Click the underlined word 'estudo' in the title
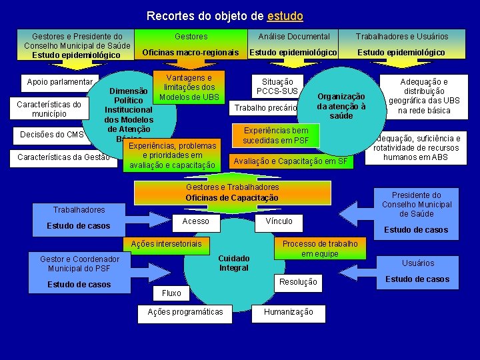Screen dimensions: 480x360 (x=285, y=15)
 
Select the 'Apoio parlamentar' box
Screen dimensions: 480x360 (x=59, y=83)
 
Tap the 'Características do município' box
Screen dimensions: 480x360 (x=49, y=109)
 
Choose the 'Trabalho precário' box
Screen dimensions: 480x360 (x=264, y=108)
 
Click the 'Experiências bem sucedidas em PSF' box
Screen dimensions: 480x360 (x=276, y=136)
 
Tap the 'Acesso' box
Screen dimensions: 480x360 (x=195, y=221)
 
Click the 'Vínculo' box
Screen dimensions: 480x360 (x=279, y=221)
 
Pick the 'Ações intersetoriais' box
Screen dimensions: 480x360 (x=166, y=244)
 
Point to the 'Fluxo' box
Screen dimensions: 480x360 (x=171, y=293)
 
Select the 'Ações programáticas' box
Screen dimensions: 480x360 (x=185, y=312)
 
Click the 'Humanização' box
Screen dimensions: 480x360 (x=288, y=312)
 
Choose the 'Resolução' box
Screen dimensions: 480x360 (x=298, y=282)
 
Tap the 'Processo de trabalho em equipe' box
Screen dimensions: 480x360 (x=320, y=249)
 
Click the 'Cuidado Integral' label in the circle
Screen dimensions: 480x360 (x=234, y=263)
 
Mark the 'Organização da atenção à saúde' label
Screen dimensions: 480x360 (x=341, y=106)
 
